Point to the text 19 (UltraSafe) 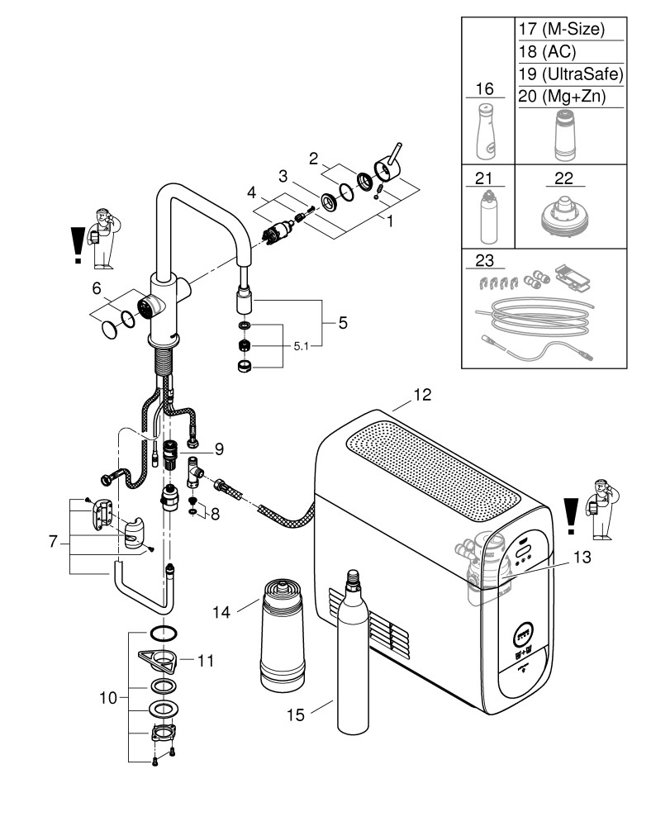coord(568,74)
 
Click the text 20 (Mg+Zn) coord(562,96)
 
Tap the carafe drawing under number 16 coord(486,132)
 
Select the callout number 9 coord(220,449)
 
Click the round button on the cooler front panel coord(523,635)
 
